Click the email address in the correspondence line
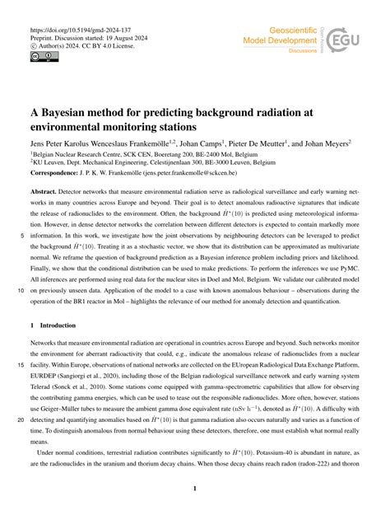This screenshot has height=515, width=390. coord(222,175)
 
